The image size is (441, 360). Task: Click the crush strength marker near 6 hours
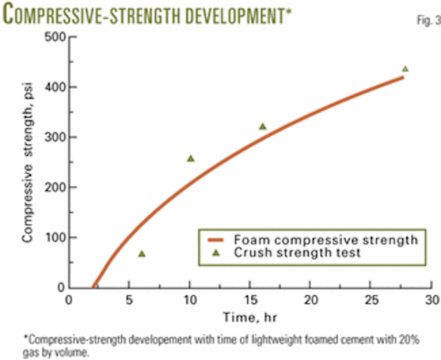(x=141, y=254)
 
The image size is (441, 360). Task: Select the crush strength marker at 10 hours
(x=190, y=159)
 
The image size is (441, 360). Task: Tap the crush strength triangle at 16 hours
(x=263, y=126)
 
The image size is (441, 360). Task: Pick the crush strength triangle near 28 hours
(x=405, y=69)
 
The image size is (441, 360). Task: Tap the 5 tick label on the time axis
(x=129, y=301)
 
